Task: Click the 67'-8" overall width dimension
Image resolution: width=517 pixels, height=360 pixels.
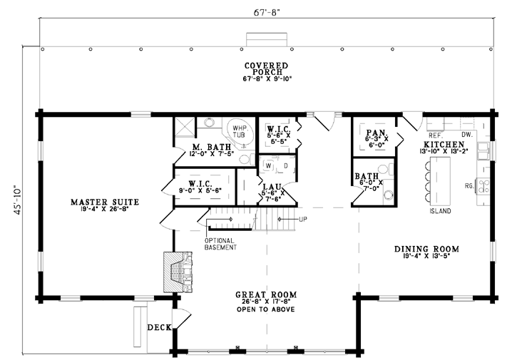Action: pyautogui.click(x=267, y=13)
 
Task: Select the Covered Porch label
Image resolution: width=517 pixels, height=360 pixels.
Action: pyautogui.click(x=267, y=68)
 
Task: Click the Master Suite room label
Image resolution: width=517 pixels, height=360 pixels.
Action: pyautogui.click(x=105, y=202)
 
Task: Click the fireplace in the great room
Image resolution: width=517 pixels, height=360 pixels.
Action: pyautogui.click(x=178, y=272)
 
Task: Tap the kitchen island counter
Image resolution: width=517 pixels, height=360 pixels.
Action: pyautogui.click(x=440, y=181)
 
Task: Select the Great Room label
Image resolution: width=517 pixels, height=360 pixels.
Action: pyautogui.click(x=266, y=294)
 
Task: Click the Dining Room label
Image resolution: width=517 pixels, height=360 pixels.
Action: pyautogui.click(x=426, y=249)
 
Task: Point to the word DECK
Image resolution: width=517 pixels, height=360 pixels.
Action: pyautogui.click(x=160, y=327)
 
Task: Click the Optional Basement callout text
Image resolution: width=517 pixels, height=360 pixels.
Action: pyautogui.click(x=220, y=244)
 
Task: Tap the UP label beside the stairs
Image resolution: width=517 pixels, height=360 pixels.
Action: pyautogui.click(x=303, y=220)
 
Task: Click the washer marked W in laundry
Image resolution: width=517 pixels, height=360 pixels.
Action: pyautogui.click(x=268, y=166)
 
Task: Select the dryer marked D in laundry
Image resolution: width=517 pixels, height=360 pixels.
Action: pyautogui.click(x=285, y=166)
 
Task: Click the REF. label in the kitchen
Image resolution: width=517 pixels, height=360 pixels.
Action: pyautogui.click(x=436, y=135)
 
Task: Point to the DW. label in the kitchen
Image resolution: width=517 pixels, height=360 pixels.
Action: pyautogui.click(x=467, y=135)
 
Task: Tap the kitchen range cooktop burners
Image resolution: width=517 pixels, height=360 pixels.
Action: pyautogui.click(x=483, y=186)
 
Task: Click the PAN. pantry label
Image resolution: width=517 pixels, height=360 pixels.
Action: pyautogui.click(x=377, y=133)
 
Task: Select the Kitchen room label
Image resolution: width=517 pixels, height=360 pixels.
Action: pyautogui.click(x=444, y=145)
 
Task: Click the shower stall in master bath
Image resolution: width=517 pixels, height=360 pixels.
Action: pyautogui.click(x=185, y=127)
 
